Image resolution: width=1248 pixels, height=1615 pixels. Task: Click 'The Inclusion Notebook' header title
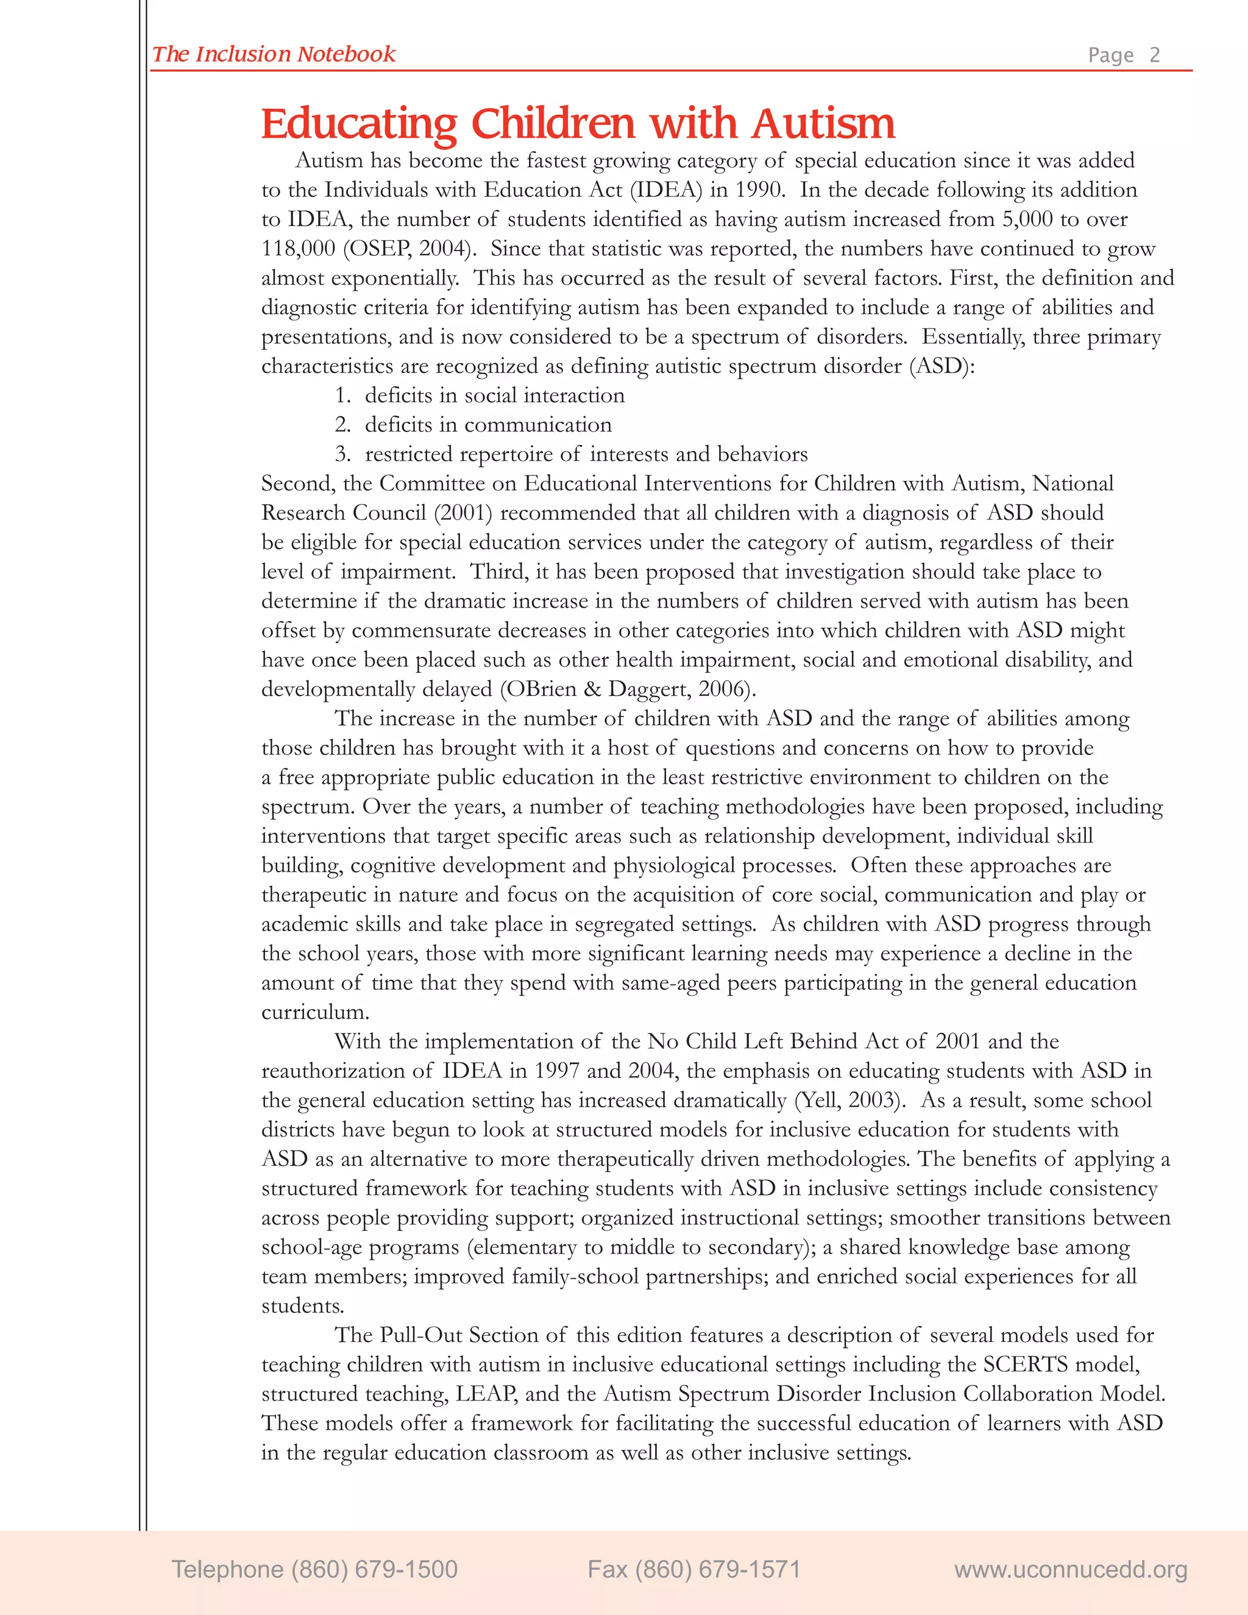pyautogui.click(x=274, y=54)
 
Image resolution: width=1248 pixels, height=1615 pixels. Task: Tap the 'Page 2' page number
pyautogui.click(x=1124, y=55)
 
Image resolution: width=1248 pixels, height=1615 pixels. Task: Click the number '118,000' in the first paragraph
pyautogui.click(x=298, y=249)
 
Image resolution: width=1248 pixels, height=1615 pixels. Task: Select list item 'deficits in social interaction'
pyautogui.click(x=495, y=395)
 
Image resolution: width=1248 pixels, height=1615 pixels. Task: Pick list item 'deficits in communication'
pyautogui.click(x=488, y=424)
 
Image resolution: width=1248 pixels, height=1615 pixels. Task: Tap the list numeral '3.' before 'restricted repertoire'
pyautogui.click(x=342, y=453)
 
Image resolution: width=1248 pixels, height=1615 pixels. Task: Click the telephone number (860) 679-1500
pyautogui.click(x=315, y=1569)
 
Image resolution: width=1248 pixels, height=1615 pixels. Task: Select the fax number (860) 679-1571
pyautogui.click(x=693, y=1569)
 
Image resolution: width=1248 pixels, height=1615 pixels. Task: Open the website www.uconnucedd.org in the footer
pyautogui.click(x=1071, y=1569)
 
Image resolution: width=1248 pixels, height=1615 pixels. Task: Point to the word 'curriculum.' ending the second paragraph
pyautogui.click(x=315, y=1012)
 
